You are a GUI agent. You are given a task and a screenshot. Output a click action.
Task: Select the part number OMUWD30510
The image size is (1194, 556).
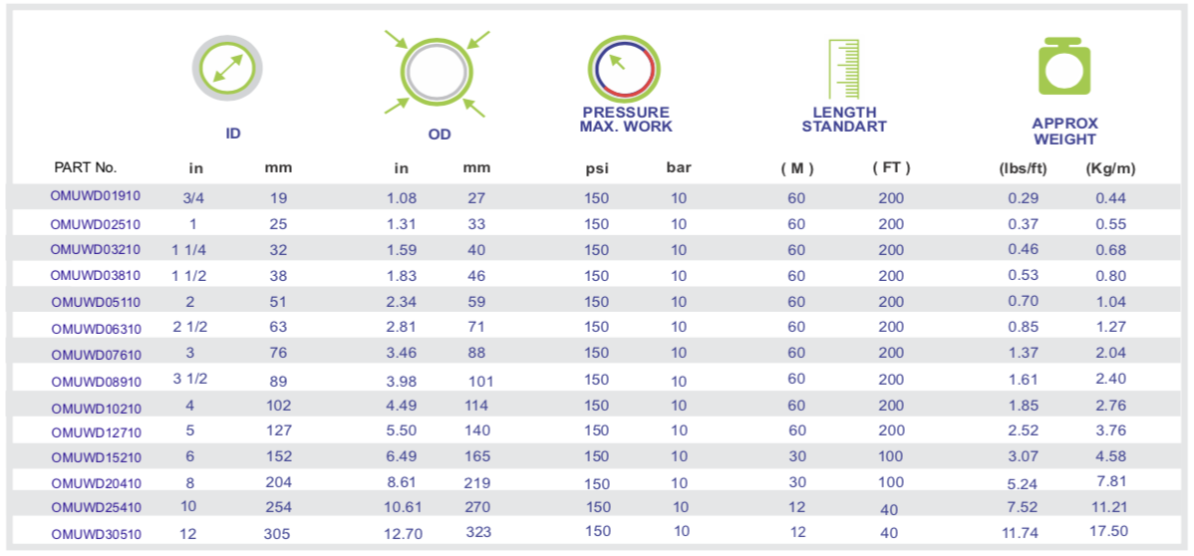(x=96, y=534)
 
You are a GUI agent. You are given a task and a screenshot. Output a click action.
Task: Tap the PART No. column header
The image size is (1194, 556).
(x=85, y=167)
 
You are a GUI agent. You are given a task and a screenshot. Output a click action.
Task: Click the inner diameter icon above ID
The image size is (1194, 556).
(x=228, y=69)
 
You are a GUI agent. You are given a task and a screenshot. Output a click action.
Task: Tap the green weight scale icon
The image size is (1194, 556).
(x=1065, y=68)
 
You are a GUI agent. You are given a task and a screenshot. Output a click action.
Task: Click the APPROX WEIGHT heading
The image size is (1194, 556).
(x=1065, y=132)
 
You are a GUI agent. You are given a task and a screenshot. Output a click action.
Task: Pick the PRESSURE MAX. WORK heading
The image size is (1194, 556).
(x=626, y=120)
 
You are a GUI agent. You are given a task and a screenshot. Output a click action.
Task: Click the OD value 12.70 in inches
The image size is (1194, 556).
(x=403, y=533)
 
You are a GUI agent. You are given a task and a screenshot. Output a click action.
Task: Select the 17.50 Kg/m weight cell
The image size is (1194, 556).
(x=1110, y=532)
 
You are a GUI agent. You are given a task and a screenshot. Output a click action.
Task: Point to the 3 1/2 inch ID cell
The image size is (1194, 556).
(x=189, y=379)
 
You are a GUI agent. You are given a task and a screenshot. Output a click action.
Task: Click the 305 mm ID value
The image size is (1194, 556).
(x=278, y=533)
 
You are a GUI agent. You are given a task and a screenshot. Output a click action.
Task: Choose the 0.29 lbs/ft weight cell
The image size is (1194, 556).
(x=1024, y=198)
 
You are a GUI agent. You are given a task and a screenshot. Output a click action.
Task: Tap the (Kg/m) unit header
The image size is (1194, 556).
(x=1110, y=168)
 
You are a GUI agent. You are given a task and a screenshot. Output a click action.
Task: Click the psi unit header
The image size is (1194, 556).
(x=596, y=168)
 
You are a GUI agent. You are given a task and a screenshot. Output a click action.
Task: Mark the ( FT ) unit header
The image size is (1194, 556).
(x=891, y=167)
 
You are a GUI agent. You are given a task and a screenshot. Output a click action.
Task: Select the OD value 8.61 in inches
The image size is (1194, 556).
(x=403, y=482)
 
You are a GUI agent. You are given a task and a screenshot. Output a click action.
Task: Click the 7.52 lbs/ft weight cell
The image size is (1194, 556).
(x=1024, y=507)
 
